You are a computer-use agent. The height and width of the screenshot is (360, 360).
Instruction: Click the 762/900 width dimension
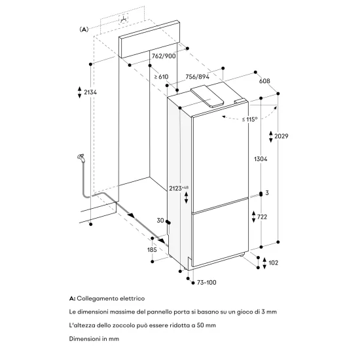point(163,56)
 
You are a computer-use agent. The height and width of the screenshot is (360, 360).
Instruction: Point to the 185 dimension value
point(153,249)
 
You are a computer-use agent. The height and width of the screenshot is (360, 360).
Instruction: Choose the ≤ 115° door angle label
point(248,118)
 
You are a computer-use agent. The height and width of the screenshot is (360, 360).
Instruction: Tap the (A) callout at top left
point(83,29)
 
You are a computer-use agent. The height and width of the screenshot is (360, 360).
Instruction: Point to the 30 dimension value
point(161,221)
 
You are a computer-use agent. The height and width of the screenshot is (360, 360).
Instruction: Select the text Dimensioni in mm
point(93,338)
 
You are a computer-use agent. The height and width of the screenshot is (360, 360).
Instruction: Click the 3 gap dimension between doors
point(267,194)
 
